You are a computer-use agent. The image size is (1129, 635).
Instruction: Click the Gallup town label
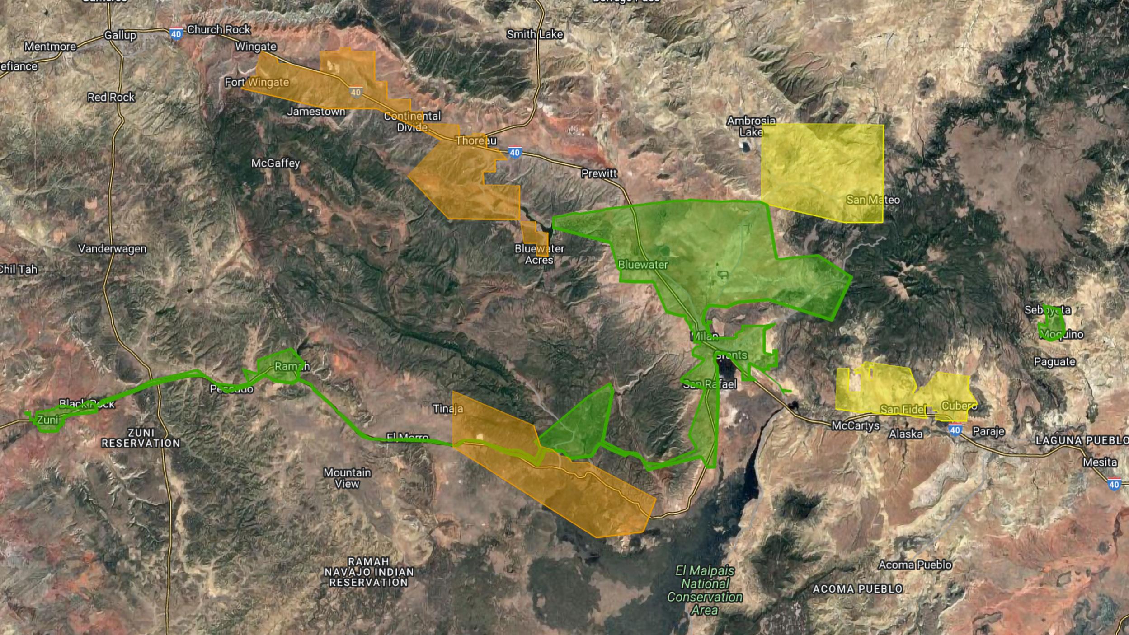120,35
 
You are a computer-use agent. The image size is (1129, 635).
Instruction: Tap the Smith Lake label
535,34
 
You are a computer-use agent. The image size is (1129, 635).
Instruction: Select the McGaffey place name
275,163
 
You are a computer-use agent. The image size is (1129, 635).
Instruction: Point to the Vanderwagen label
112,249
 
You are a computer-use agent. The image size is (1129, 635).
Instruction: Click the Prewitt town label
599,173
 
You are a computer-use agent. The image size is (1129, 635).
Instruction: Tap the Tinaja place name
448,409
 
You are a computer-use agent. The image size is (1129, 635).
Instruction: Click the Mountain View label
347,478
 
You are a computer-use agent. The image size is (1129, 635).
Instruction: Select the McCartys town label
856,425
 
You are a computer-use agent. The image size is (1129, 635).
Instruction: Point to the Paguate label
1054,362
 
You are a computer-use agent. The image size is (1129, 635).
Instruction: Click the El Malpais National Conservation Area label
705,590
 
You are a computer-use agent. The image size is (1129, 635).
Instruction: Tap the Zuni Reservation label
141,438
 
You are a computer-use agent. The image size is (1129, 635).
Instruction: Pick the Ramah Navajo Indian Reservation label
368,572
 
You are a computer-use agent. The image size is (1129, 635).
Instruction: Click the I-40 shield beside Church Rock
176,34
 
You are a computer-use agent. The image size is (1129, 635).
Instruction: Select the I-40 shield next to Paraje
955,430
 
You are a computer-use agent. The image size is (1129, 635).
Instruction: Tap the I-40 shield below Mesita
1114,485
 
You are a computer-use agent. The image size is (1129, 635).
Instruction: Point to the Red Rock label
111,97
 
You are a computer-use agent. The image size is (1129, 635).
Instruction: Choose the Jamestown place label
316,112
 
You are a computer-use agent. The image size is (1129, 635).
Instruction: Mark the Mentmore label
50,47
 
